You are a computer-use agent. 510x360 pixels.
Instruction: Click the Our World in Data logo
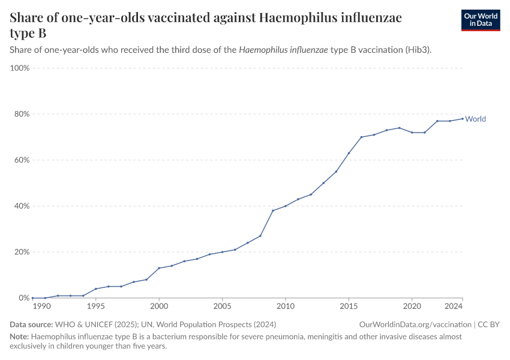point(480,20)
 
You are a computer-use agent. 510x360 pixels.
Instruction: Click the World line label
point(475,119)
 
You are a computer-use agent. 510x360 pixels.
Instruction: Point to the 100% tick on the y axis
point(20,68)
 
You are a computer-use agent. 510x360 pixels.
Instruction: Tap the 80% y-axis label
point(22,114)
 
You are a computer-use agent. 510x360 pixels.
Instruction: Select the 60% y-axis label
point(22,160)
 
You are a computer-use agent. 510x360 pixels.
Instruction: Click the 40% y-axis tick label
point(22,206)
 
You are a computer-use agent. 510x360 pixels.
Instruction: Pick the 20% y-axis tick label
point(22,252)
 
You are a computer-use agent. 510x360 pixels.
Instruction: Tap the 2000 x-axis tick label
point(159,307)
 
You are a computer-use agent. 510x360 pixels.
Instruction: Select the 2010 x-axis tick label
point(285,307)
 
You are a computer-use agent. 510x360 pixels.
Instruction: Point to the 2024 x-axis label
point(454,307)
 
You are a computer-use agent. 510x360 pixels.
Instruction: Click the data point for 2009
point(273,211)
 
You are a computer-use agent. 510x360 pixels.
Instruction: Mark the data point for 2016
point(361,137)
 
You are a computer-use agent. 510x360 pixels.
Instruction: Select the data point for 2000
point(159,268)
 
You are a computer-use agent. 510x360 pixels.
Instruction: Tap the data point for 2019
point(399,128)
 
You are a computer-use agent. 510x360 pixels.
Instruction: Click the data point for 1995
point(96,289)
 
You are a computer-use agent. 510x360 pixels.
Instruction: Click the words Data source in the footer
point(31,325)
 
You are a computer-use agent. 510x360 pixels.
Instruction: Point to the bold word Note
point(19,337)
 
